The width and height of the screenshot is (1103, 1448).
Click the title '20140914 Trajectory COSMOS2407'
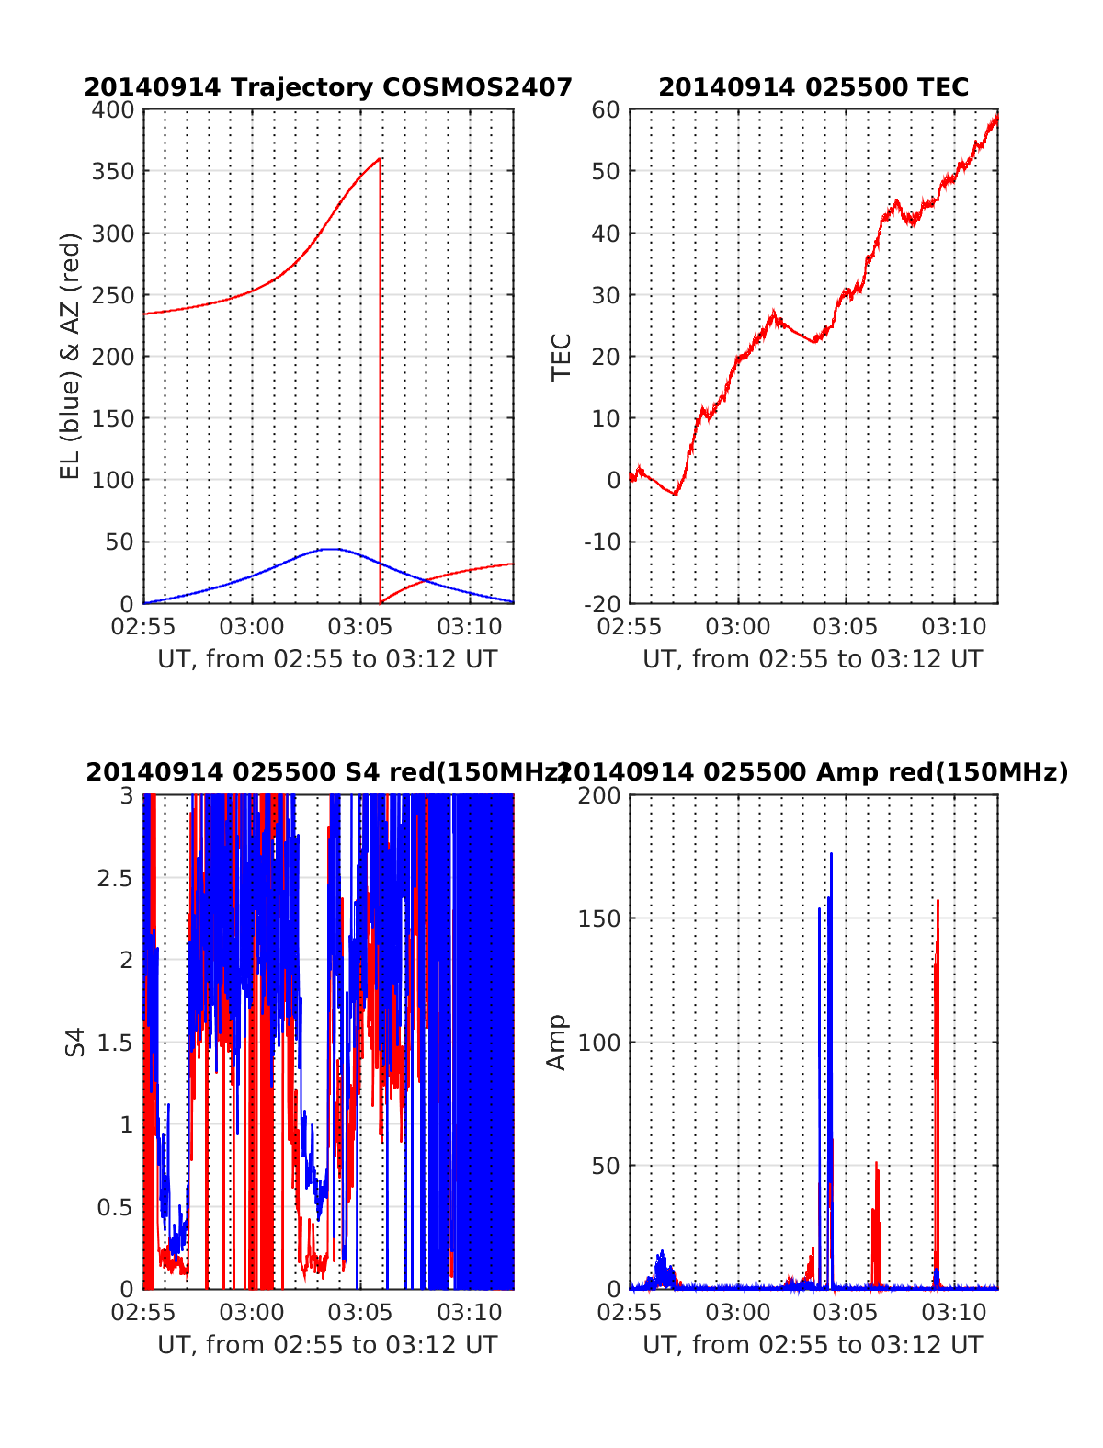tap(328, 87)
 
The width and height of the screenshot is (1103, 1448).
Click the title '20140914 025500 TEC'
tap(813, 87)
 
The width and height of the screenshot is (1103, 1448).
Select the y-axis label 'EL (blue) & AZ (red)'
tap(71, 356)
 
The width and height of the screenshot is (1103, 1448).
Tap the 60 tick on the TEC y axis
tap(606, 110)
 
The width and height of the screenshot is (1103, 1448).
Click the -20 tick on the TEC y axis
tap(601, 604)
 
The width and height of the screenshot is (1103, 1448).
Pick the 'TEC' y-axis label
tap(562, 357)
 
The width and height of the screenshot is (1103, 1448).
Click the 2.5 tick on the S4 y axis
tap(115, 878)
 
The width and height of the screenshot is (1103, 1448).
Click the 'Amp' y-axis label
tap(557, 1043)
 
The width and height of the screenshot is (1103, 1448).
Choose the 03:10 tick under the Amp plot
tap(955, 1313)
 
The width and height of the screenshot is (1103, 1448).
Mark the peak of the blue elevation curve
tap(331, 549)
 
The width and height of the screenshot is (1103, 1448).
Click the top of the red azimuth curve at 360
tap(380, 159)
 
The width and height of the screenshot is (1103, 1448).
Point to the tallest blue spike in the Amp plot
tap(831, 854)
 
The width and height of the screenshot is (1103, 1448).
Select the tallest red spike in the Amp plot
tap(938, 901)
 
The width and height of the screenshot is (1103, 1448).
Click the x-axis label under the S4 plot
tap(327, 1345)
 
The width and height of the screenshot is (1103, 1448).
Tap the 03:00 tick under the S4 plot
tap(252, 1313)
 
